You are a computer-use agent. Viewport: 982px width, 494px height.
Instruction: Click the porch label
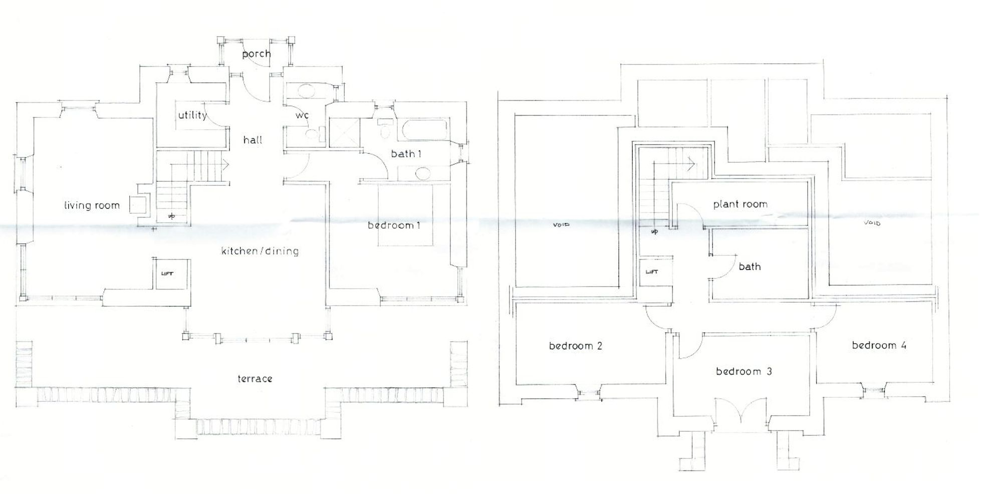click(257, 54)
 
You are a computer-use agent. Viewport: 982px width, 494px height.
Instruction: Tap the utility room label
click(192, 116)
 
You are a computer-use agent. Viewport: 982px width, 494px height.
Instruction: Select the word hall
click(253, 140)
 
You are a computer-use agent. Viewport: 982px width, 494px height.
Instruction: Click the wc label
click(302, 115)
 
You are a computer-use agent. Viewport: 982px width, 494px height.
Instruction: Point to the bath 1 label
click(406, 154)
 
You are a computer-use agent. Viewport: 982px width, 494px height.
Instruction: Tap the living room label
click(92, 205)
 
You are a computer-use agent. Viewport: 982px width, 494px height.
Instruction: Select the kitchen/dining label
click(260, 251)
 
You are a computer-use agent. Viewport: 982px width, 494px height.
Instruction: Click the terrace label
click(255, 379)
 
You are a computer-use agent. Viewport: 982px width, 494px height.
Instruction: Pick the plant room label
click(740, 204)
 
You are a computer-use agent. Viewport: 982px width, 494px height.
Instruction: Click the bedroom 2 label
click(575, 346)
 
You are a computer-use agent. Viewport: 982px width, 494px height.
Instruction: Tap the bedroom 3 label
click(744, 371)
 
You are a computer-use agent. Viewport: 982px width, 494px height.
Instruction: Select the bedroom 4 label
click(879, 345)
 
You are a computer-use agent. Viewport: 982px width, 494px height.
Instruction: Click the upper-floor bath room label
click(750, 267)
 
